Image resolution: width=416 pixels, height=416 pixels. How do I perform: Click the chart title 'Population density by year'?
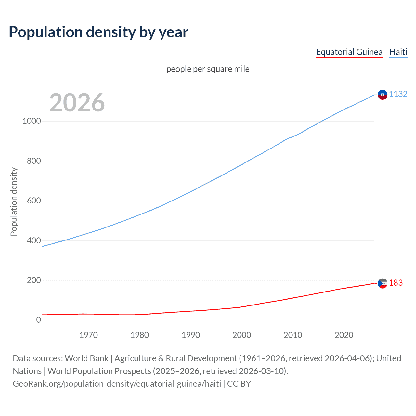tap(98, 32)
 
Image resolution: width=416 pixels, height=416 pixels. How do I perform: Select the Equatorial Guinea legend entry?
tap(349, 52)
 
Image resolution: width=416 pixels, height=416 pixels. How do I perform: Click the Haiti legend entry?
tap(398, 52)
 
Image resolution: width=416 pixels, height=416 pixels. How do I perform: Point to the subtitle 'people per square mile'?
tap(208, 69)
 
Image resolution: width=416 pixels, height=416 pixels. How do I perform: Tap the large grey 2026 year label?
tap(77, 103)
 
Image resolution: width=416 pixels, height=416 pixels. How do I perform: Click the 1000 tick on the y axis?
tap(32, 121)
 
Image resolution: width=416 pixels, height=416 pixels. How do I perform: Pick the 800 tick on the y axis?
tap(34, 161)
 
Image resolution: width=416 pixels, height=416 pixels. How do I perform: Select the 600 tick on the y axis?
tap(34, 201)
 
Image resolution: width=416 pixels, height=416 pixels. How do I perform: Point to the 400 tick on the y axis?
tap(34, 240)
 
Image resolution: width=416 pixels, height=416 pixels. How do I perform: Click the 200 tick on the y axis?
tap(34, 280)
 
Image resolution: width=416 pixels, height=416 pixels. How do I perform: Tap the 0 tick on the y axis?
tap(39, 320)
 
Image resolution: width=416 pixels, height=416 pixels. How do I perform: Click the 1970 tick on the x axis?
tap(88, 335)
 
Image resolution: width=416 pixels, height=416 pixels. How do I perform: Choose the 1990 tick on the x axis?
tap(191, 335)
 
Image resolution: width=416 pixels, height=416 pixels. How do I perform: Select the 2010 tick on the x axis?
tap(293, 335)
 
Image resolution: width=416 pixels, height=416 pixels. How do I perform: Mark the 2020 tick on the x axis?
tap(344, 335)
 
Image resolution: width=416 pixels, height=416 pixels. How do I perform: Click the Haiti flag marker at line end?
tap(383, 95)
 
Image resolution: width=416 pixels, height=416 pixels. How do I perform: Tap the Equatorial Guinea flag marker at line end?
tap(383, 283)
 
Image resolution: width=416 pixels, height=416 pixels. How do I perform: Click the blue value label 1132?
tap(398, 94)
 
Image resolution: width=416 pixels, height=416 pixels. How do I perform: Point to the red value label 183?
tap(396, 283)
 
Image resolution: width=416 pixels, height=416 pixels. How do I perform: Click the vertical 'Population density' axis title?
tap(14, 201)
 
